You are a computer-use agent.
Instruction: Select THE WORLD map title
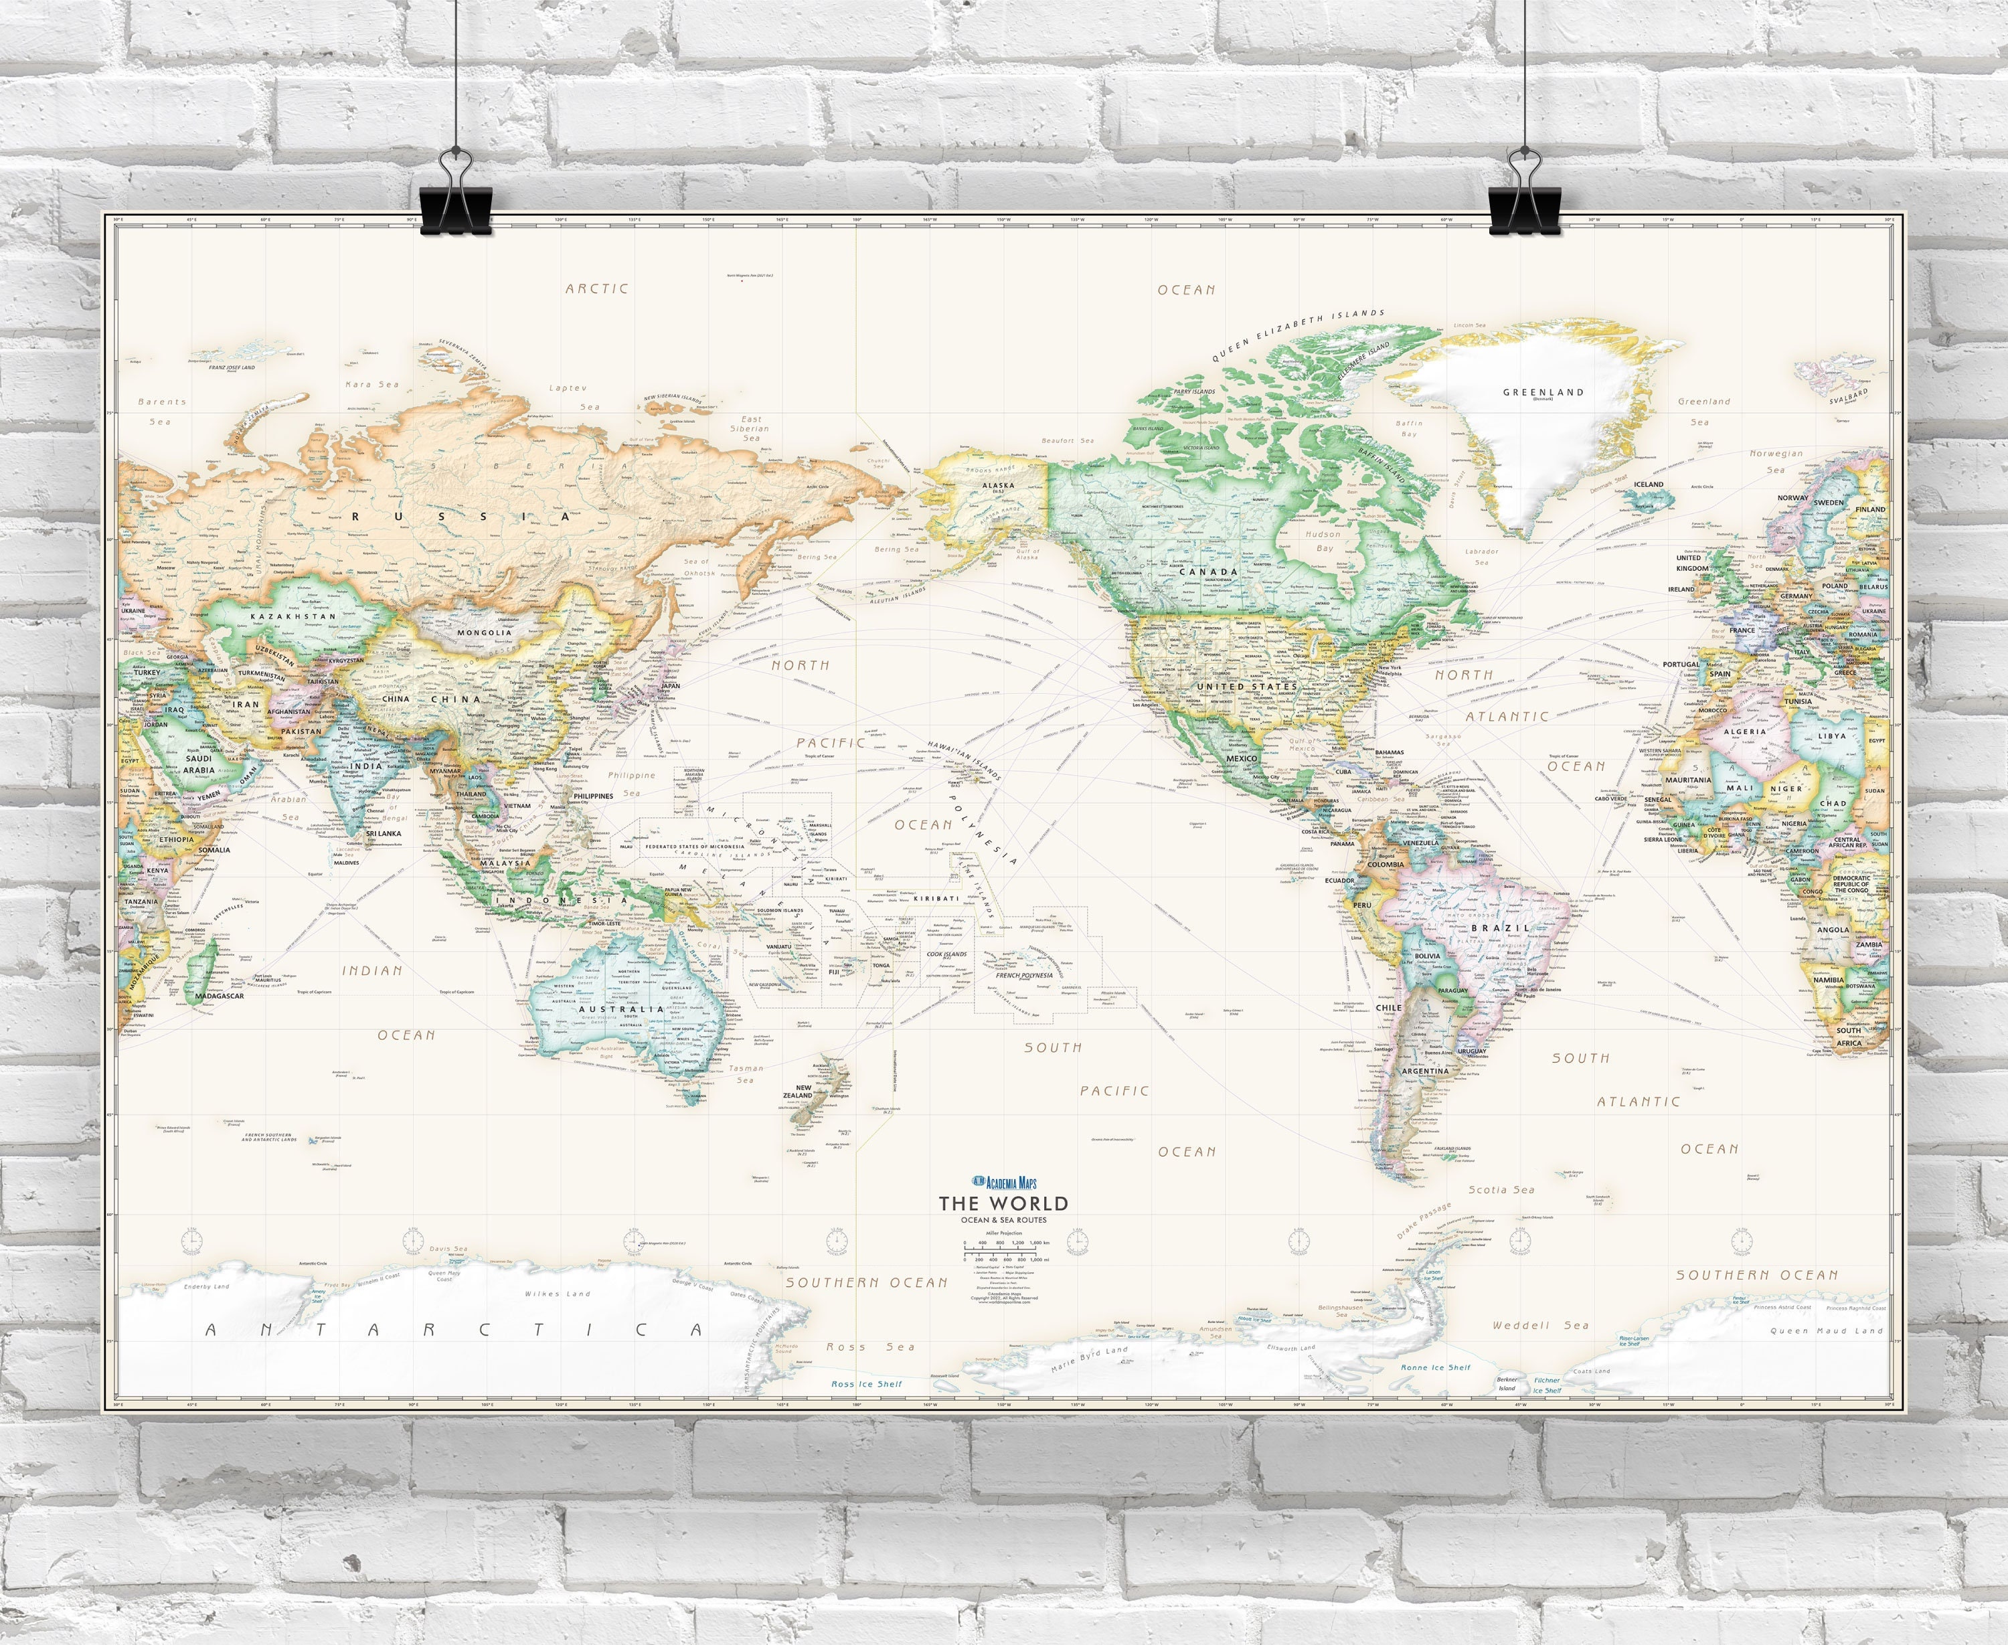coord(1003,1203)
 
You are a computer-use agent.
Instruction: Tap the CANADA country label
coord(1208,572)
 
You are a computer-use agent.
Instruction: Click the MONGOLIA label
coord(484,632)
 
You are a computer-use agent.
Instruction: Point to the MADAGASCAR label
coord(219,996)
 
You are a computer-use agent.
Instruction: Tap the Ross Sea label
coord(870,1346)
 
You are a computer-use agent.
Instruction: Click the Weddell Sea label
coord(1540,1324)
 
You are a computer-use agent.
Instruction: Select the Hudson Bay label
coord(1324,541)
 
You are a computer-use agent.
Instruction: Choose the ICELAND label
coord(1648,485)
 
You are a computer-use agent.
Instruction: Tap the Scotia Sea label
coord(1501,1189)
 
